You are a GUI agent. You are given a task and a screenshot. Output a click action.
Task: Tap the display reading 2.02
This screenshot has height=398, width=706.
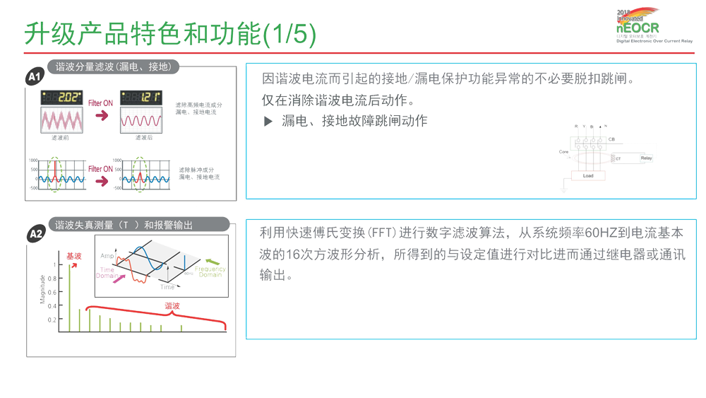[61, 98]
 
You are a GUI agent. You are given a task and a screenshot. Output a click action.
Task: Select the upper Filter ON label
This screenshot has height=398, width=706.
[100, 103]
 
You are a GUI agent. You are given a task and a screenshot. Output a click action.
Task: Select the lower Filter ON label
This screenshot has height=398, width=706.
[100, 169]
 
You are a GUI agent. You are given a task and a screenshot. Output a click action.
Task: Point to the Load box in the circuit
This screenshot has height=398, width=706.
[588, 175]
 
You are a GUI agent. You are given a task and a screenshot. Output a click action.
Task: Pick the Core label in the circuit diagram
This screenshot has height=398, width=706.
[564, 152]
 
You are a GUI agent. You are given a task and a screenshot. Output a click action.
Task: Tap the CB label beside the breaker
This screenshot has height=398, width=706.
[611, 139]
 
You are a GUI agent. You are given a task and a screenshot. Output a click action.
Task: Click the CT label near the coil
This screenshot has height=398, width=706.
[618, 159]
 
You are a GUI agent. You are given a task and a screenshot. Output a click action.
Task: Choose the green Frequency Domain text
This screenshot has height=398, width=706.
[210, 272]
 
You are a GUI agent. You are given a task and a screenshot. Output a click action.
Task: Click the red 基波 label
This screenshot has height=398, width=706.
[73, 256]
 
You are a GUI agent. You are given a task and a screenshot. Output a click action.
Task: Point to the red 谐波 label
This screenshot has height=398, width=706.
[172, 306]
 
